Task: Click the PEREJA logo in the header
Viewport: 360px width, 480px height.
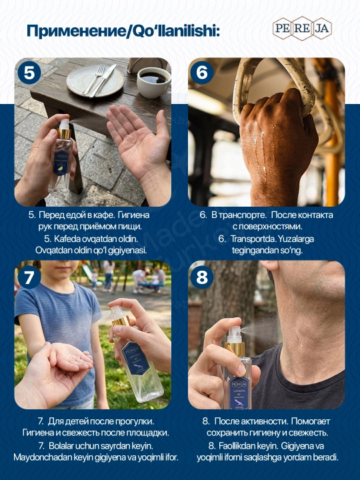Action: (x=302, y=29)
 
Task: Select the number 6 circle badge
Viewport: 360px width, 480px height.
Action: (x=202, y=72)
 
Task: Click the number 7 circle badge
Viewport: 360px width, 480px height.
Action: (x=29, y=277)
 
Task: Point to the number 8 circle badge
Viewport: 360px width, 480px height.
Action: (x=202, y=277)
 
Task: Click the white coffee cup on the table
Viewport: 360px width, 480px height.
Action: (x=153, y=83)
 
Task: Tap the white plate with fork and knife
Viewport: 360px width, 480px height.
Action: (x=95, y=80)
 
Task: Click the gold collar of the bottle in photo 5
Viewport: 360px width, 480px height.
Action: (x=64, y=133)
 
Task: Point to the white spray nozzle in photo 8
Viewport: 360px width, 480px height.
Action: (x=235, y=334)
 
